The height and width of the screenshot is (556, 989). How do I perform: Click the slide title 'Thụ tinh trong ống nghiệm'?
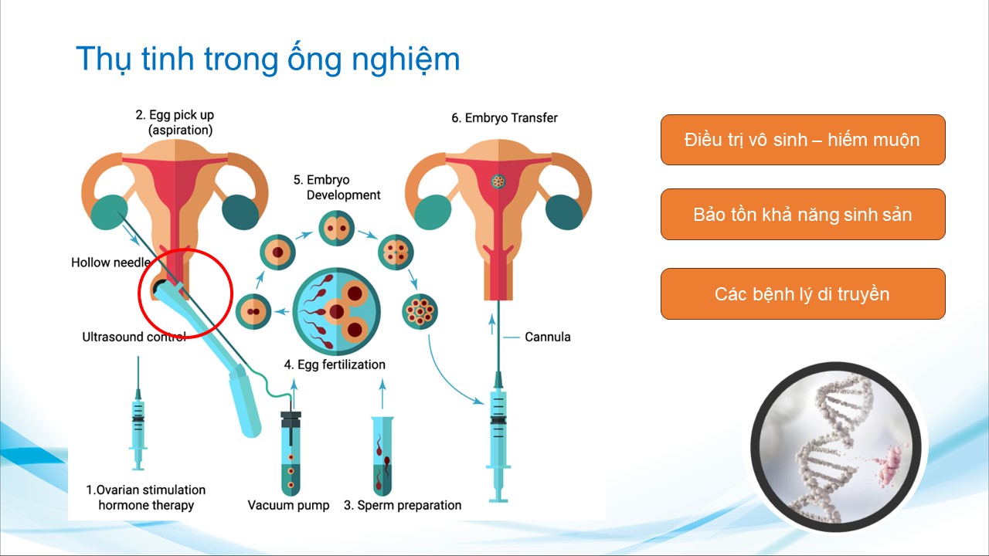pos(268,59)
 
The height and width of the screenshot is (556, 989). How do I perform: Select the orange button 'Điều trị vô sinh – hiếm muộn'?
pos(803,140)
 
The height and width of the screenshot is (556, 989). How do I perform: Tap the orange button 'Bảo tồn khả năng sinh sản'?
pos(803,215)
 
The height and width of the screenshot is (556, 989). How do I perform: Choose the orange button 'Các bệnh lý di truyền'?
pos(803,294)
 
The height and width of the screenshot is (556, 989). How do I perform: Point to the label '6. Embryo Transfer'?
pos(505,118)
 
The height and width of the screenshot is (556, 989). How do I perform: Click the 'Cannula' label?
pos(548,337)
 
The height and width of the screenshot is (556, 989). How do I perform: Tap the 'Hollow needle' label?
pos(110,263)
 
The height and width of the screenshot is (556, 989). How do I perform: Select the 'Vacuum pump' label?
pos(288,505)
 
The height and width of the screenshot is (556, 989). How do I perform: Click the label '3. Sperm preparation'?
pos(403,505)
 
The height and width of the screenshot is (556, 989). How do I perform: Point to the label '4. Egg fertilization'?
pos(335,364)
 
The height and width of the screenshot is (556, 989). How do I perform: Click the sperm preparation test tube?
pos(382,456)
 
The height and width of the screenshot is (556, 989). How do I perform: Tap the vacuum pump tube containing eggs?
pos(291,453)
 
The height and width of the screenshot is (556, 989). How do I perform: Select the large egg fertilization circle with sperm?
pos(336,311)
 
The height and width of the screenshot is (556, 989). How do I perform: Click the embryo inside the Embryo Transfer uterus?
pos(498,181)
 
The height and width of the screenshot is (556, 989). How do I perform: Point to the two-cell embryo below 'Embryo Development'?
pos(336,228)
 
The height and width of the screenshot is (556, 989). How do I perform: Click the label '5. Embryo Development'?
pos(336,187)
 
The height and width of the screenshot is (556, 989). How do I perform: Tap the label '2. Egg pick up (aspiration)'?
pos(175,122)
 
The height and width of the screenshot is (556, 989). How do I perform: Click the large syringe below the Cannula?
pos(498,437)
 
